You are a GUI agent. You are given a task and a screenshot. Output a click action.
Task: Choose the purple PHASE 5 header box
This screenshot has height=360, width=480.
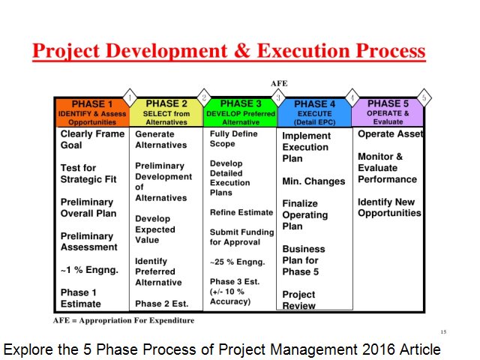click(x=387, y=111)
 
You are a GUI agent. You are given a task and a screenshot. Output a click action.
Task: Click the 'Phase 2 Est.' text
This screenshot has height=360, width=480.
click(x=161, y=304)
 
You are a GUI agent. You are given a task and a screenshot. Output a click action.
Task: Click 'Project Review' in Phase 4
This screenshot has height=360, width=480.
click(x=298, y=300)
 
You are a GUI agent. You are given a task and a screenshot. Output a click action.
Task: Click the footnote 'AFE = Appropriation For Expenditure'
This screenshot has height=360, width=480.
click(x=124, y=320)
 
